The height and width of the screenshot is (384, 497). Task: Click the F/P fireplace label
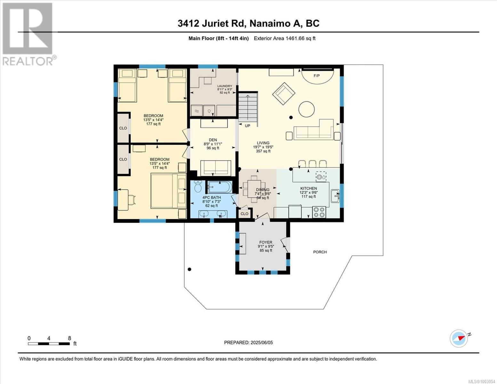click(317, 76)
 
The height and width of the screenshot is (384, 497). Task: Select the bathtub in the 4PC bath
click(220, 187)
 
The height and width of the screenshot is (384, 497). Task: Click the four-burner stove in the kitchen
click(319, 212)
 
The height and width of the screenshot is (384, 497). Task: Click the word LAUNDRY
click(225, 86)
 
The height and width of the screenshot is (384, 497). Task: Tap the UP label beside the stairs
click(247, 126)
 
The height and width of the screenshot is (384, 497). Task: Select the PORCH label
click(320, 252)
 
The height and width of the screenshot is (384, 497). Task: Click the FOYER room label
click(266, 242)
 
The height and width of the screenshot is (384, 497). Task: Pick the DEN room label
click(213, 140)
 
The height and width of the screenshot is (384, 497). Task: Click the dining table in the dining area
click(254, 189)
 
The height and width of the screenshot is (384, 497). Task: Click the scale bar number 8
click(69, 338)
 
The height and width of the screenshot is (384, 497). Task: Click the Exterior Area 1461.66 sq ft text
click(285, 38)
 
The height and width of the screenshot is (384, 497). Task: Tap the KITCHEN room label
click(309, 188)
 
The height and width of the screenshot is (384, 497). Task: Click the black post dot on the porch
click(189, 269)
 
